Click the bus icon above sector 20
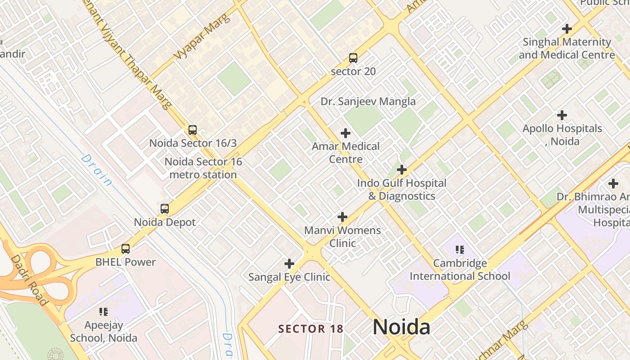tap(353, 58)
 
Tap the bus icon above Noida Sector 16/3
tap(193, 130)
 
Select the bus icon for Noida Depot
tap(165, 209)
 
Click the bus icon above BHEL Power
tap(126, 249)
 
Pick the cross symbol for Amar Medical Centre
tap(346, 133)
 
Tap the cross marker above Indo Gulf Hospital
tap(402, 170)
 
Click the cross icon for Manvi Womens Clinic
tap(342, 217)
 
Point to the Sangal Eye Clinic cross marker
tap(289, 264)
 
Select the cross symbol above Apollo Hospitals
tap(562, 115)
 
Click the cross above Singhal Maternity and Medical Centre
tap(567, 29)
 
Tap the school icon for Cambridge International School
tap(460, 250)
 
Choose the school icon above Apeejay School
tap(103, 311)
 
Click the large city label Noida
tap(401, 327)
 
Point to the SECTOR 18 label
tap(310, 329)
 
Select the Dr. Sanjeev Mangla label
tap(368, 102)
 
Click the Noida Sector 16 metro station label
tap(203, 168)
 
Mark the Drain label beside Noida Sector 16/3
tap(97, 170)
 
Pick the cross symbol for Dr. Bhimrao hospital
tap(613, 184)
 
